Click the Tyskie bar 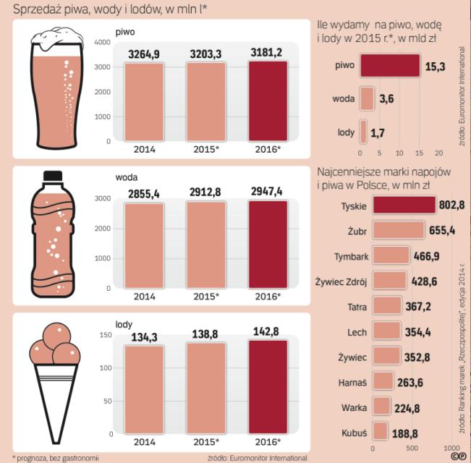pyautogui.click(x=397, y=205)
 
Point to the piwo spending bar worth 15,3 pyautogui.click(x=389, y=66)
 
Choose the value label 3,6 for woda pyautogui.click(x=386, y=99)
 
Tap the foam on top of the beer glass pyautogui.click(x=55, y=38)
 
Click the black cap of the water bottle pyautogui.click(x=53, y=176)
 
